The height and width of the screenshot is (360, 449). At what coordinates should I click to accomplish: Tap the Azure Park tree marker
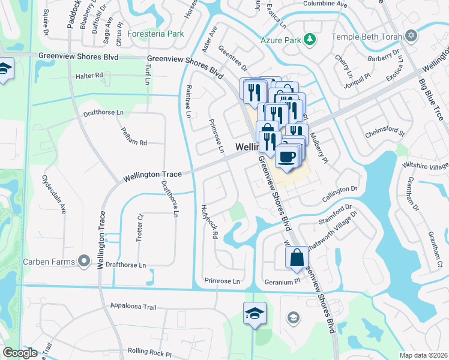(x=310, y=39)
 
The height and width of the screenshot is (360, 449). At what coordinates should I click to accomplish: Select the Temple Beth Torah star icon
(x=411, y=35)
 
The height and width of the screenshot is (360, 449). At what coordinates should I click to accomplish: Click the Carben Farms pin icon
(x=84, y=261)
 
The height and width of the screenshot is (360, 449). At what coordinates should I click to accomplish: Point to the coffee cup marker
(x=286, y=157)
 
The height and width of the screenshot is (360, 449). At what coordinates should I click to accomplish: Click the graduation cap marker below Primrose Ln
(x=255, y=313)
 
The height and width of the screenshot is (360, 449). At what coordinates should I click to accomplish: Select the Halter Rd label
(x=90, y=76)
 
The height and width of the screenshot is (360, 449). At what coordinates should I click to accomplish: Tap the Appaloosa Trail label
(x=133, y=307)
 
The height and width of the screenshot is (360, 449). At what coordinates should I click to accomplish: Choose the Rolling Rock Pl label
(x=149, y=351)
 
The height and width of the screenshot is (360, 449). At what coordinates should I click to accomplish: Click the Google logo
(x=20, y=353)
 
